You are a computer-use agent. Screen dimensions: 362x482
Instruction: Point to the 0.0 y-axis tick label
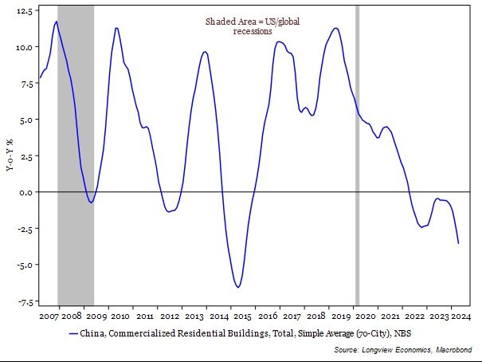25,192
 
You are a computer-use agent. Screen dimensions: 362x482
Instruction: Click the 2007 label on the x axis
49,316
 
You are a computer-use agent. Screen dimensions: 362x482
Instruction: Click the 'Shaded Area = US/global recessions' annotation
253,26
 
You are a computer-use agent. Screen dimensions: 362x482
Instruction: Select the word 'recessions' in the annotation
253,32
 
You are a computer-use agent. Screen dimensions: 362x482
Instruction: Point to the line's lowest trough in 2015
237,287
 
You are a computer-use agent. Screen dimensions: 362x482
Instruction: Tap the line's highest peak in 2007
56,22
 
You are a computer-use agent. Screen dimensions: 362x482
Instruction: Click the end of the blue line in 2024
458,243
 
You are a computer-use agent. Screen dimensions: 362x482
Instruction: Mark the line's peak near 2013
205,52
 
